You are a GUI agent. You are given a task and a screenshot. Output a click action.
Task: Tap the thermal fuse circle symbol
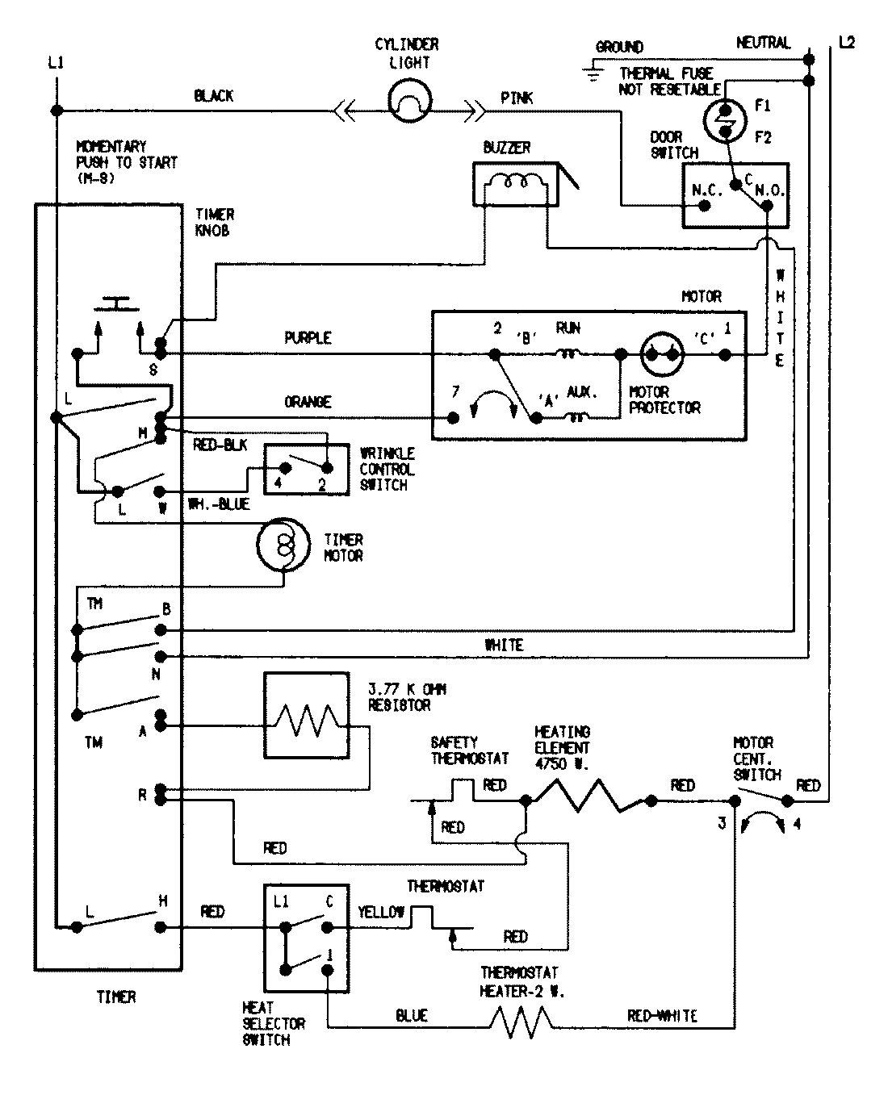[724, 121]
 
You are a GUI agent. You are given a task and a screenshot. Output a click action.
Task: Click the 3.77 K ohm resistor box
[306, 716]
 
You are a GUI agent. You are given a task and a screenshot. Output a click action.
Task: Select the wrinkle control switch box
[306, 468]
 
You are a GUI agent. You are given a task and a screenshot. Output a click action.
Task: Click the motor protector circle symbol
[662, 353]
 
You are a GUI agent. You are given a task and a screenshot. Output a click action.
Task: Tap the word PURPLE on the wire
[308, 338]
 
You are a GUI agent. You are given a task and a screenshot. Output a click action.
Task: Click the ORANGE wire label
[308, 402]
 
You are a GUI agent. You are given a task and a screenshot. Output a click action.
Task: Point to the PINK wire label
[517, 98]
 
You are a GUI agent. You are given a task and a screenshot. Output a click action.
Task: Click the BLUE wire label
[412, 1016]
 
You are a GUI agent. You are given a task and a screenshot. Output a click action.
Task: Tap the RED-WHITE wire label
[662, 1016]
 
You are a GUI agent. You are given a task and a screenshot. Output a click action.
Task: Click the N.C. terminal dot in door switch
[704, 206]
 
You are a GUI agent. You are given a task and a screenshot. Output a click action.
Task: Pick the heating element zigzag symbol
[589, 795]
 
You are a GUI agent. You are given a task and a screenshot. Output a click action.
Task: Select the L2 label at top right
[846, 43]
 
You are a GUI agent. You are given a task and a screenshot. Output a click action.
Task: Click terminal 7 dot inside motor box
[454, 418]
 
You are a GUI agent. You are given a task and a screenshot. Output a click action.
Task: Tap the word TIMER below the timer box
[116, 997]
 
